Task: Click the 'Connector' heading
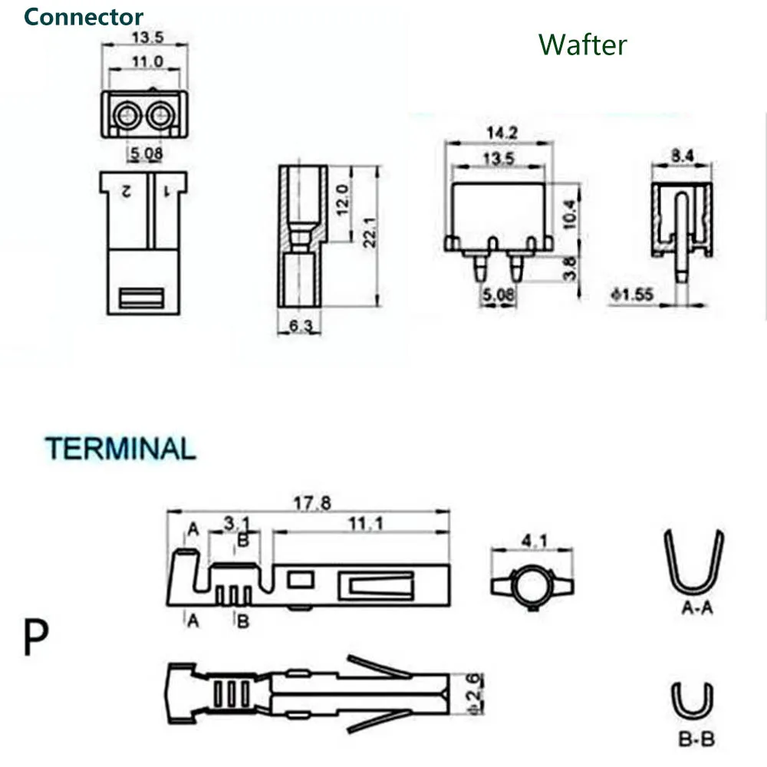click(83, 17)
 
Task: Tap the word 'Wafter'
click(582, 44)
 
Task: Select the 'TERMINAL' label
click(120, 449)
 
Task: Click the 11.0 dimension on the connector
click(147, 61)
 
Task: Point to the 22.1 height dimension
click(370, 232)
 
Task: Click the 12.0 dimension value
click(342, 199)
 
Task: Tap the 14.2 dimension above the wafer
click(502, 133)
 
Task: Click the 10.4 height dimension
click(569, 214)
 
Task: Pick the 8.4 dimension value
click(682, 156)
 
